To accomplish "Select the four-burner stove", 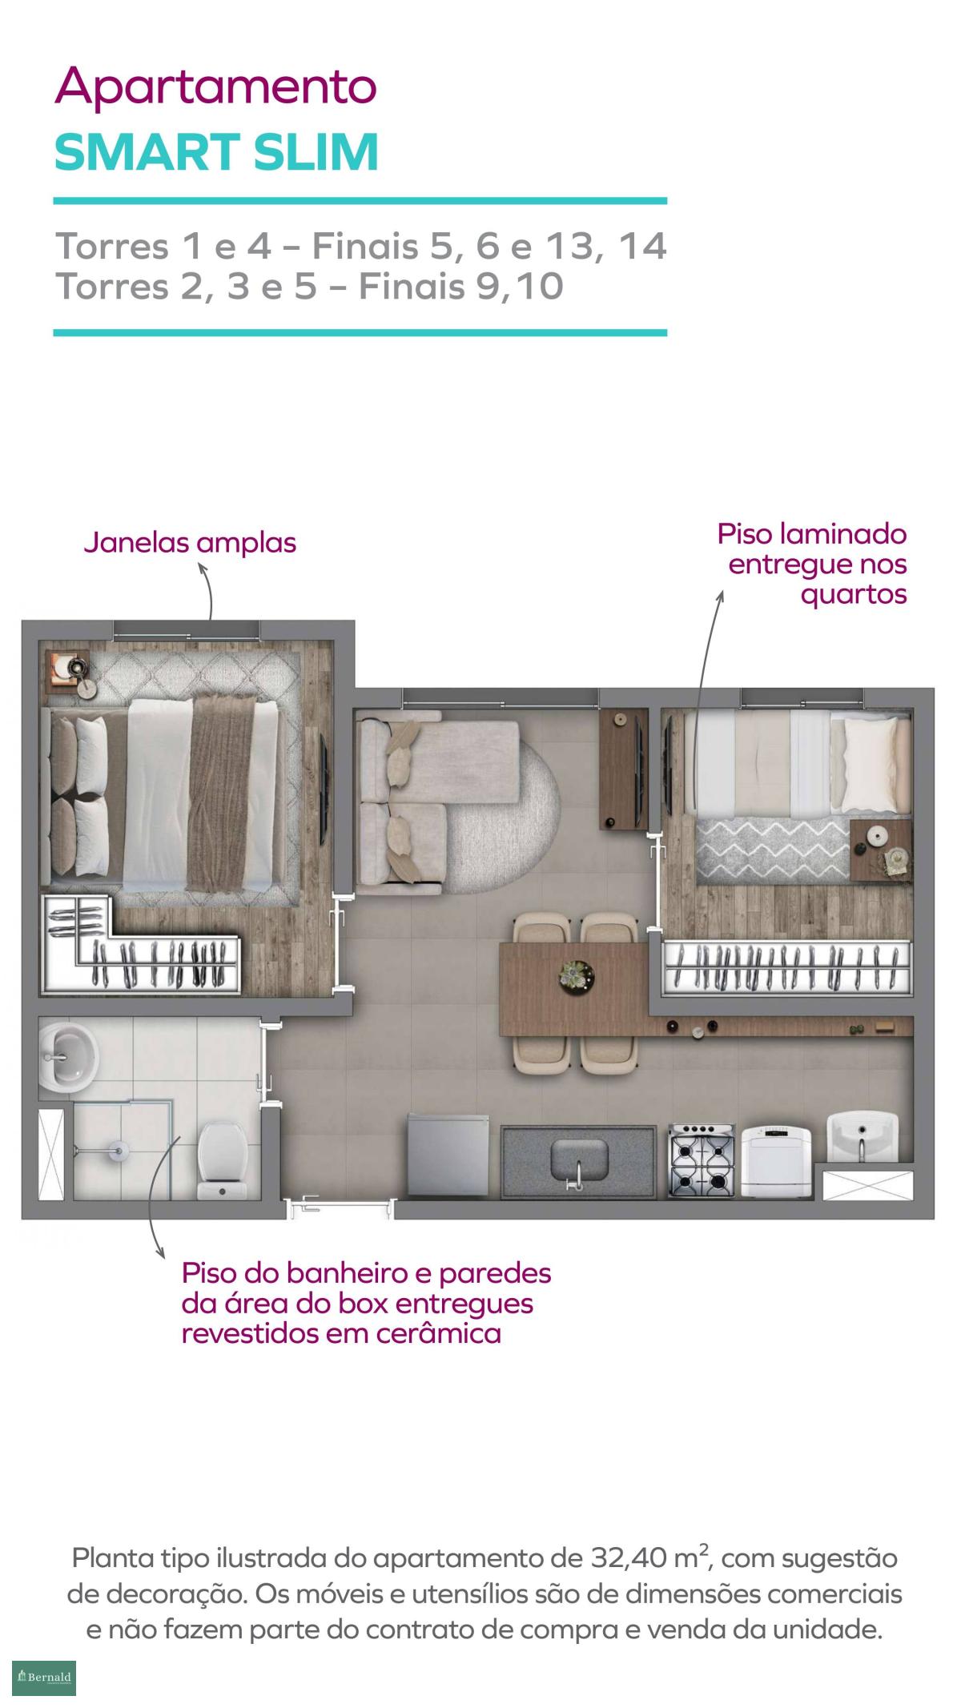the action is [702, 1160].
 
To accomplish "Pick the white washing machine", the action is [774, 1162].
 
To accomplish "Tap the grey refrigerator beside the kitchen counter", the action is [447, 1154].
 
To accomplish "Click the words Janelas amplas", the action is [190, 543].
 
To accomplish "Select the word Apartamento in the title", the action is [215, 87].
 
